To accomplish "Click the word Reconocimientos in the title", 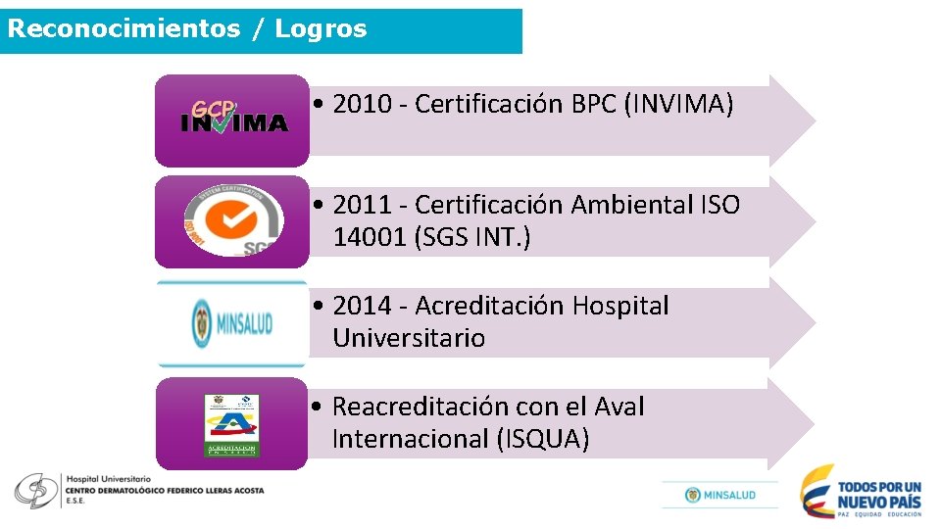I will click(x=123, y=28).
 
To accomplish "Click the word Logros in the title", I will click(x=321, y=28).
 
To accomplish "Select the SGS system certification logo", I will click(x=233, y=220).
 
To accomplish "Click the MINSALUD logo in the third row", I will click(x=232, y=323).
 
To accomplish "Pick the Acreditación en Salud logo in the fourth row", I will click(x=232, y=424).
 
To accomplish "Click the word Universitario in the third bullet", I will click(x=409, y=338).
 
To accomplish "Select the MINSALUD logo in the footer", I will click(x=720, y=495).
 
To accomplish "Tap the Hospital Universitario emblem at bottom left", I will click(x=35, y=490).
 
